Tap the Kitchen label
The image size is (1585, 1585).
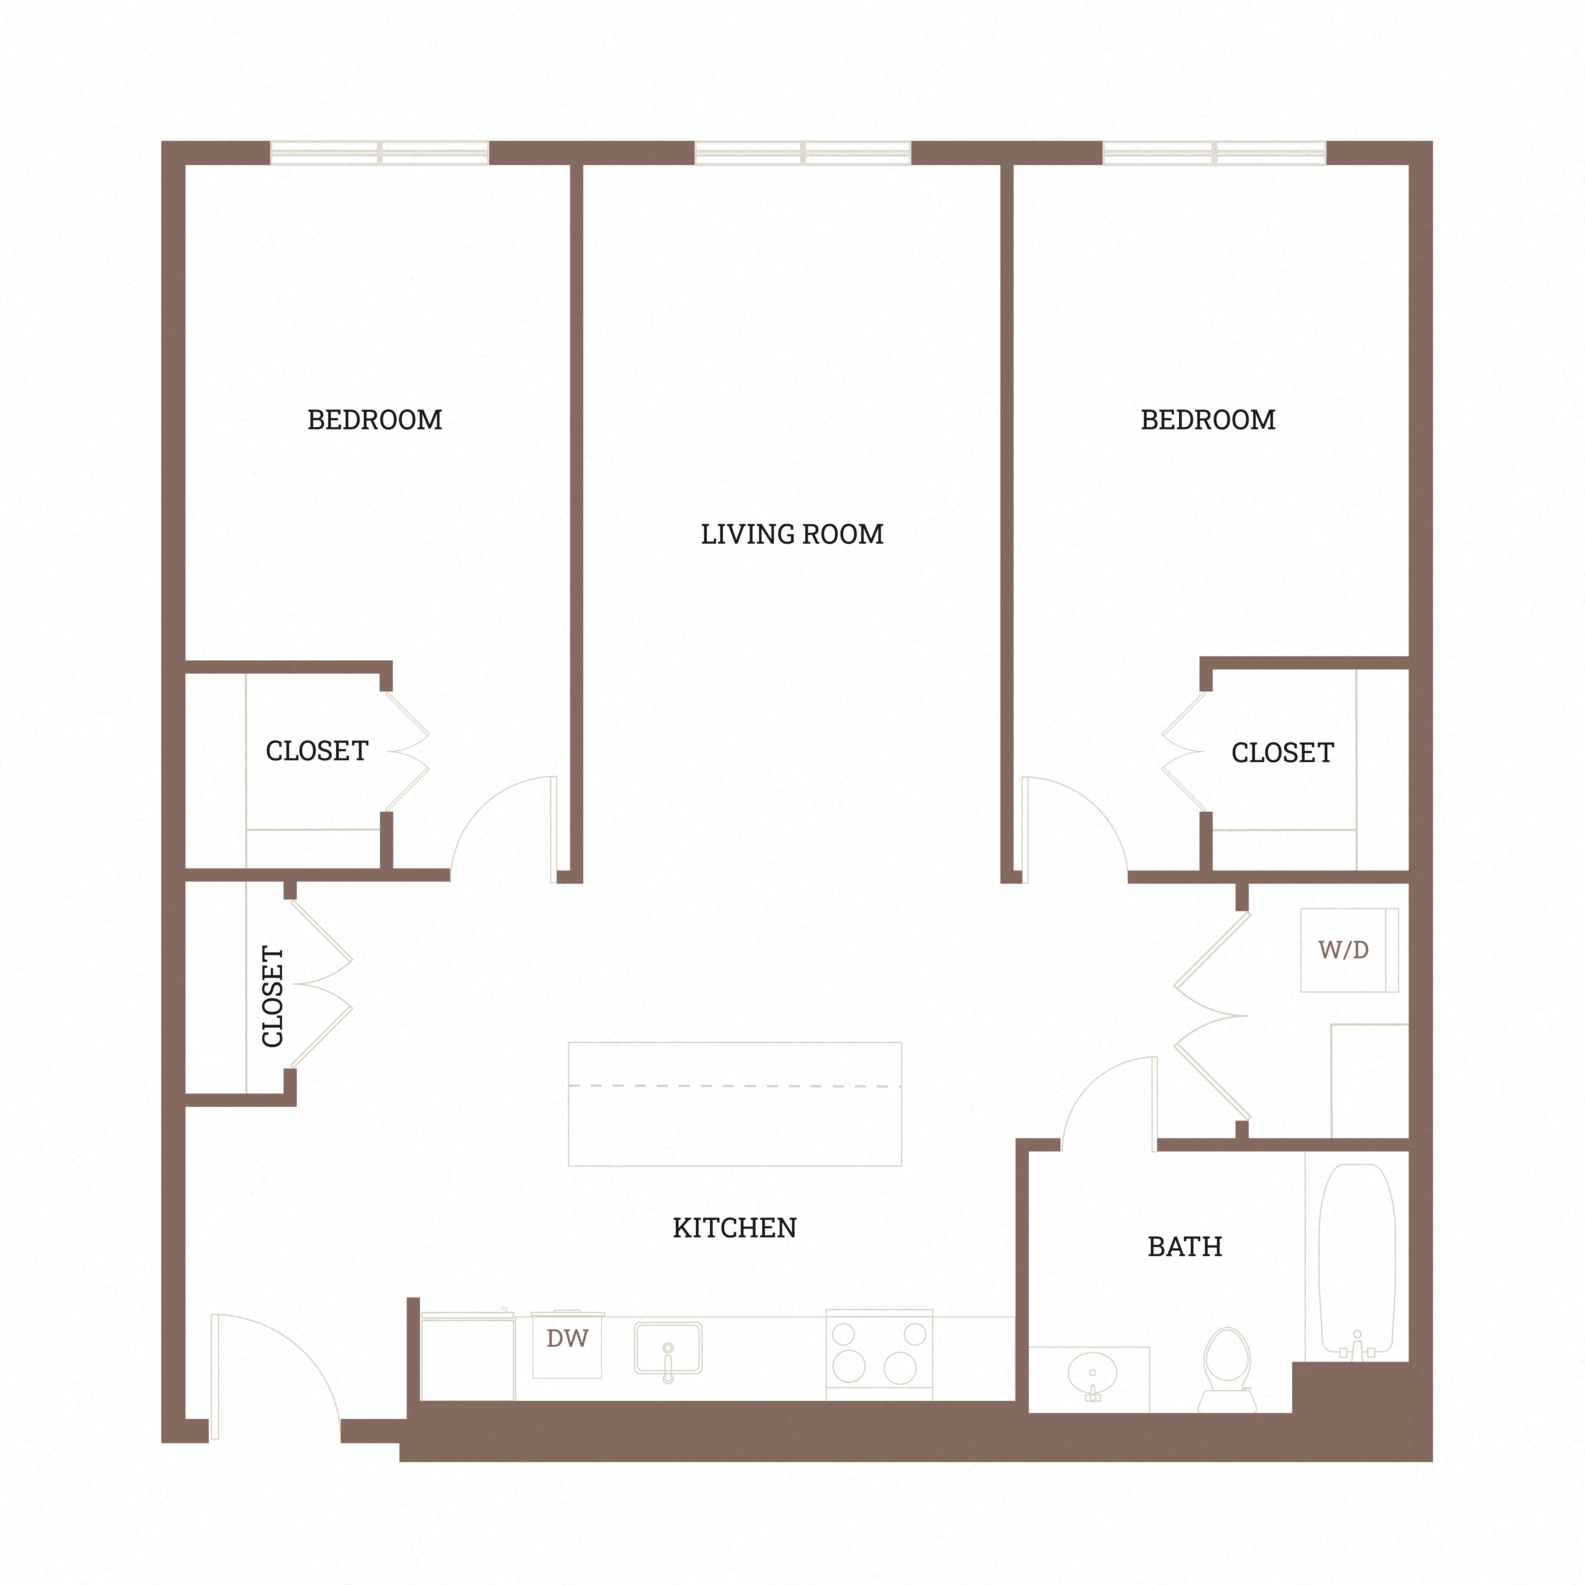click(x=734, y=1228)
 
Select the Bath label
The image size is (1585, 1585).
click(x=1185, y=1247)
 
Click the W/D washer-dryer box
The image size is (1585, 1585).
click(x=1349, y=950)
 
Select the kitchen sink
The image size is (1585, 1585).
click(x=668, y=1348)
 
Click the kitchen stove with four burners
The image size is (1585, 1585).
click(x=879, y=1354)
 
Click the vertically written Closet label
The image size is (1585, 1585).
click(x=272, y=997)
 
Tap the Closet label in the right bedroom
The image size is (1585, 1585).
click(x=1282, y=753)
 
